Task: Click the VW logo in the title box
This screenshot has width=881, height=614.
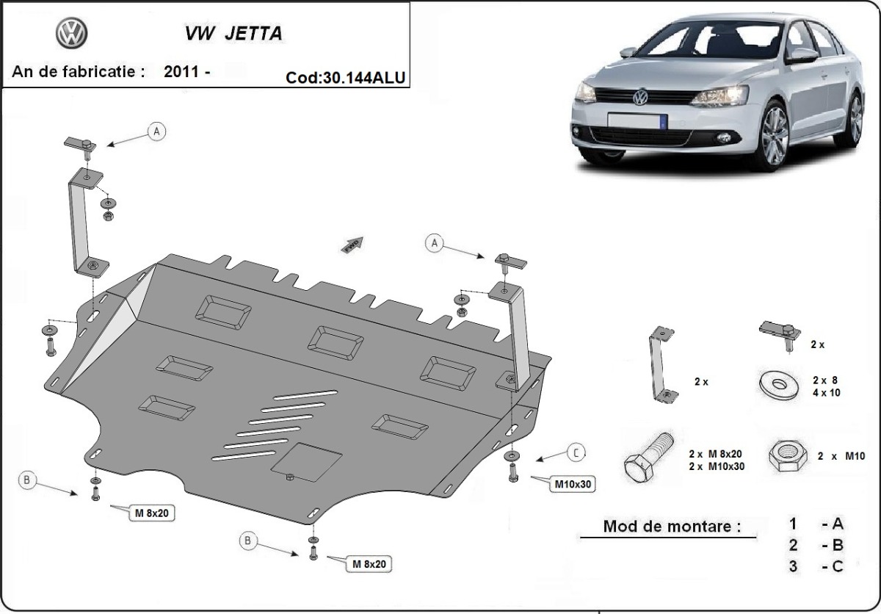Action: (71, 34)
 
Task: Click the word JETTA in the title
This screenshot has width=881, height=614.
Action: (254, 34)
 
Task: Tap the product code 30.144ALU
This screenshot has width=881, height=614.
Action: (364, 78)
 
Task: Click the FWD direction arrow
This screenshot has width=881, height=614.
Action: (352, 245)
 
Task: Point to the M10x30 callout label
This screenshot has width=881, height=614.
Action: (573, 484)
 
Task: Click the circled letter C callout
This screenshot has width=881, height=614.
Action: (576, 453)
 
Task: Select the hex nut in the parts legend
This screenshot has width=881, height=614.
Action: (788, 455)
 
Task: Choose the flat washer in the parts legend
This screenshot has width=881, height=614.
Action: (779, 383)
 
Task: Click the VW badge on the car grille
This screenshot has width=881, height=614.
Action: (640, 97)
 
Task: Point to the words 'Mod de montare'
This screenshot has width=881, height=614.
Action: (672, 527)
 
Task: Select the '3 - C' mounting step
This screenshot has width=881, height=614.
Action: (816, 566)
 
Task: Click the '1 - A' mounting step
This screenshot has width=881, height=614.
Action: (816, 524)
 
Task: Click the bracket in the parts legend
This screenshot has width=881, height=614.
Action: (662, 364)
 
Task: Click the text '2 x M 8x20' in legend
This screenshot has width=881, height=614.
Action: (715, 454)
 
